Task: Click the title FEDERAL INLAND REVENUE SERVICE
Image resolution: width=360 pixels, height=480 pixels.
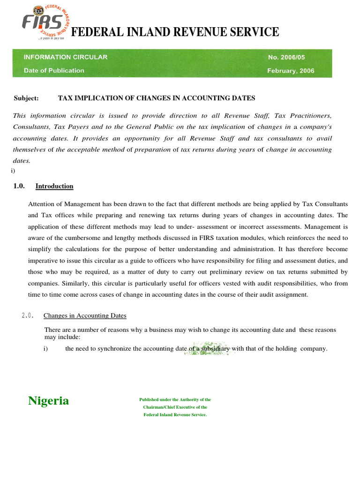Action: pos(174,32)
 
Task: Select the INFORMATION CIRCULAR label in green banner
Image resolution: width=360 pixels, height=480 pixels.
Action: pos(66,57)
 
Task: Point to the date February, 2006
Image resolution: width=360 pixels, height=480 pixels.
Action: pos(291,71)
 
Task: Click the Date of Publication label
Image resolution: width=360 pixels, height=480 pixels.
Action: pos(54,71)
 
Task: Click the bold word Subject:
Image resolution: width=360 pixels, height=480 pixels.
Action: pos(26,98)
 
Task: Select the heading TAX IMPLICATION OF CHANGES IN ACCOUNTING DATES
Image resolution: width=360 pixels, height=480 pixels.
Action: pos(157,98)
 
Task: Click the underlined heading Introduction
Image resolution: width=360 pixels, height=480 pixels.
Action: pos(54,186)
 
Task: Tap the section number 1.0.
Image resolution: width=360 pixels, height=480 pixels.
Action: pos(19,186)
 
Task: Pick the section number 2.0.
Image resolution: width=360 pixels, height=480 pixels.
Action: pos(27,315)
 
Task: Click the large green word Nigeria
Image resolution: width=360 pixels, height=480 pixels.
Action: pos(48,401)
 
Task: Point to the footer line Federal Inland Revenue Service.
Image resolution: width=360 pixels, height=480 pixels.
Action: pos(175,415)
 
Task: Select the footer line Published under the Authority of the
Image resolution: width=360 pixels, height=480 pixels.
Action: pos(175,400)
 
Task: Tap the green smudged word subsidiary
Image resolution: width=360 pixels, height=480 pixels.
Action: pos(217,349)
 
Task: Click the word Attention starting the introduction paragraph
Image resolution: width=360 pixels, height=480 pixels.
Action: pos(42,205)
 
